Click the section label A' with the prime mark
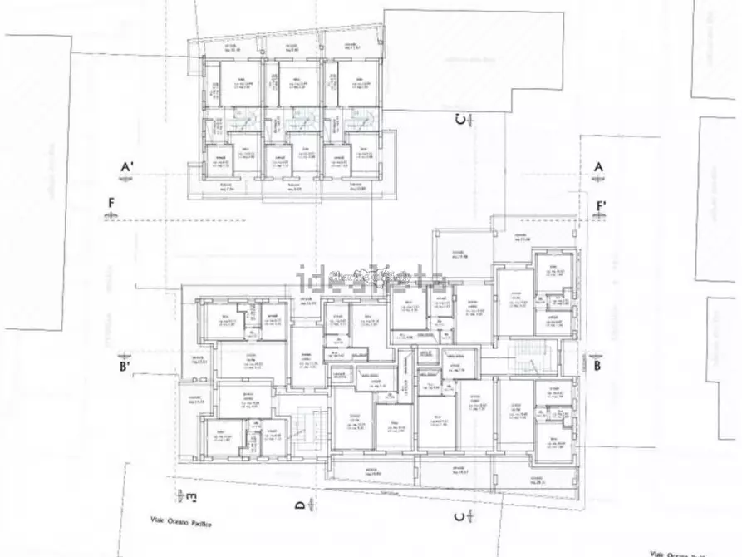[x=127, y=167]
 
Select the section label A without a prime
[x=597, y=167]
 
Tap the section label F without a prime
[x=111, y=202]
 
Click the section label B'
[x=125, y=365]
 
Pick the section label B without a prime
[x=597, y=364]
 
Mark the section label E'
[x=191, y=499]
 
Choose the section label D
[x=299, y=504]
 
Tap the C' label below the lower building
[x=459, y=517]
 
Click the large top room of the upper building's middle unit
[x=297, y=86]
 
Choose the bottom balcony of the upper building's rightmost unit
[x=355, y=185]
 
